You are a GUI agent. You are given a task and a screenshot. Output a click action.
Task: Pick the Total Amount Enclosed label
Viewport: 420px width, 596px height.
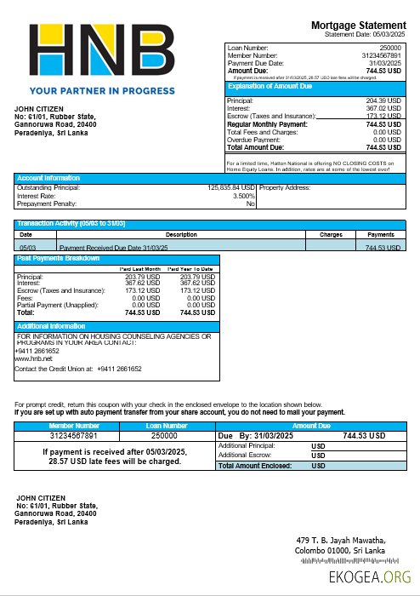click(255, 466)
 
